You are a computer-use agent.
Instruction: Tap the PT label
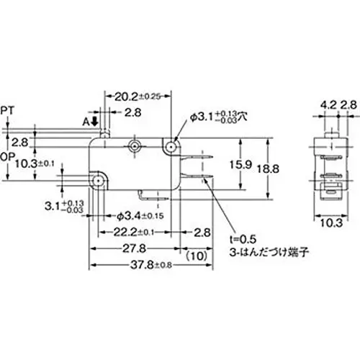click(9, 109)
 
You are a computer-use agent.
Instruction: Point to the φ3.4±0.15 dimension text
click(140, 215)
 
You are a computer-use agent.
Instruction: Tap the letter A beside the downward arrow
click(86, 122)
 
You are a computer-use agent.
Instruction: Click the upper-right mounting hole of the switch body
click(172, 147)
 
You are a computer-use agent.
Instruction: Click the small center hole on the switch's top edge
click(134, 147)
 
